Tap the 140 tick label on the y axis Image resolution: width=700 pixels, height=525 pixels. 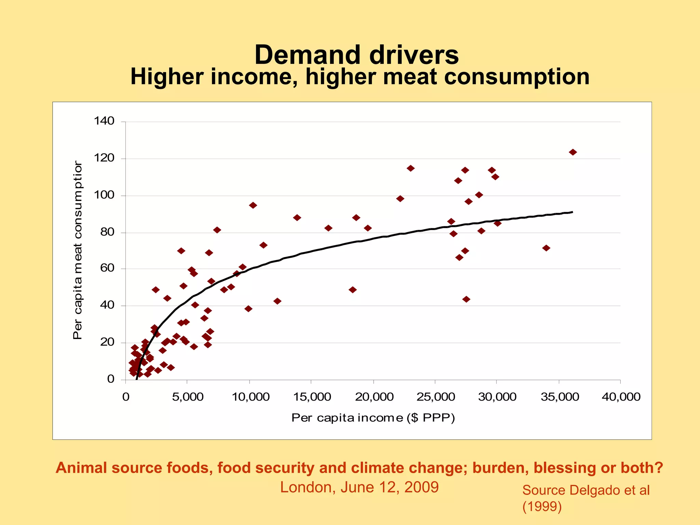click(x=104, y=121)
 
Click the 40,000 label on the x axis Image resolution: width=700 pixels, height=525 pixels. click(x=621, y=397)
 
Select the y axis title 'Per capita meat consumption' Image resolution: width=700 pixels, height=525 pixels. click(x=78, y=250)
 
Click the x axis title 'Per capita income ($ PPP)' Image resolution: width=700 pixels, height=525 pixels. click(x=373, y=418)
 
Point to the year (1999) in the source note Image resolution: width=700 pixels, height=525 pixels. click(x=542, y=506)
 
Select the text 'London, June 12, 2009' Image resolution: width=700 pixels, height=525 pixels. click(x=359, y=487)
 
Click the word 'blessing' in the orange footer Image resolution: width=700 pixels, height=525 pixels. click(x=564, y=468)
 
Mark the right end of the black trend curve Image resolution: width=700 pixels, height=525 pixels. click(x=572, y=212)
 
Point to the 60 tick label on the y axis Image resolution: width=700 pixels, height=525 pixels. click(x=107, y=268)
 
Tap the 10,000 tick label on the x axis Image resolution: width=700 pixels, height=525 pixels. click(x=251, y=397)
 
